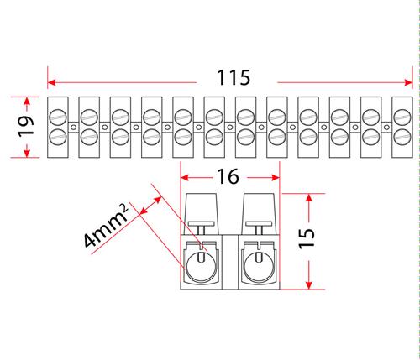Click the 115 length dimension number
(234, 77)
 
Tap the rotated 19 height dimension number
(26, 126)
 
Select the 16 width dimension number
(228, 176)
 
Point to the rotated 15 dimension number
(307, 238)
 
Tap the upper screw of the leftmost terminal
(58, 117)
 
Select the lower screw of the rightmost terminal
(402, 138)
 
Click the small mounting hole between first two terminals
(74, 128)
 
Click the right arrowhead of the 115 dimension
(408, 82)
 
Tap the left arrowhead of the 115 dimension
(52, 82)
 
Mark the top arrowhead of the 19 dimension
(27, 102)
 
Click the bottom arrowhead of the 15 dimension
(309, 284)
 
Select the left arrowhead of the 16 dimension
(185, 177)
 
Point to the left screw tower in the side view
(201, 213)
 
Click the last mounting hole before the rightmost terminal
(386, 128)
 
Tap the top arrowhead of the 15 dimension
(309, 198)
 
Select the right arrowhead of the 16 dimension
(276, 177)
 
